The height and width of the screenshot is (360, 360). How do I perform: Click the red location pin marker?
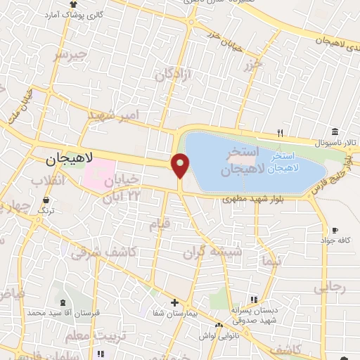click(181, 165)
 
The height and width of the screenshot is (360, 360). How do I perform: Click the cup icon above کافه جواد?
click(335, 231)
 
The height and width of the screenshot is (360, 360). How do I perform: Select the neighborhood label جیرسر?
click(73, 54)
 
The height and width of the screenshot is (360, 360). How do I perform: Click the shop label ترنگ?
click(46, 210)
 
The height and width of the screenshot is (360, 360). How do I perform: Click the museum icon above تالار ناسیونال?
click(335, 131)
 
